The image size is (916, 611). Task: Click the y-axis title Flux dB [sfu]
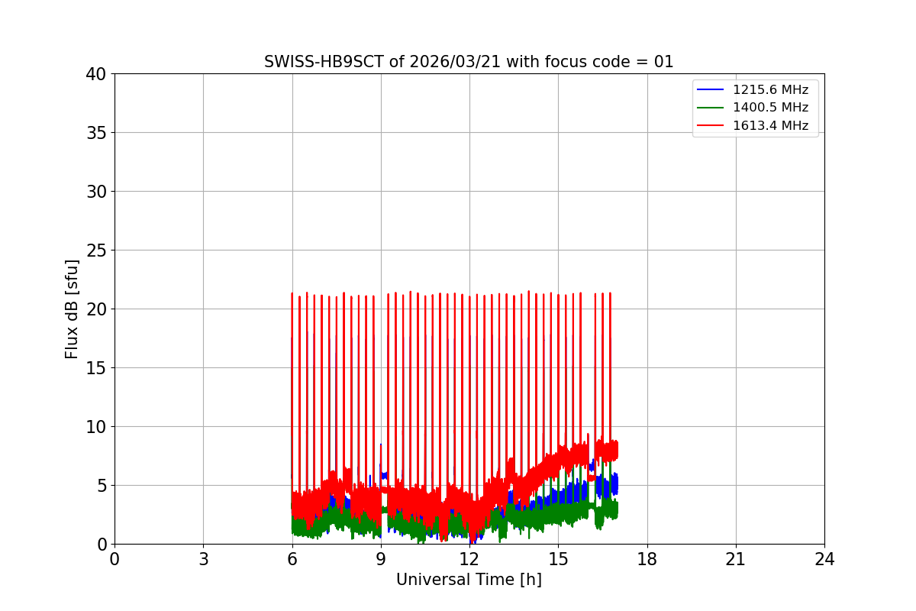pyautogui.click(x=72, y=309)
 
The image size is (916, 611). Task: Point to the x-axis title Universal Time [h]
pyautogui.click(x=469, y=580)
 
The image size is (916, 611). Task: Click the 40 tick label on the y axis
pyautogui.click(x=96, y=74)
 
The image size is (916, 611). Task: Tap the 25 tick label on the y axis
pyautogui.click(x=96, y=251)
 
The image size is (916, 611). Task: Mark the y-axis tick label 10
pyautogui.click(x=96, y=427)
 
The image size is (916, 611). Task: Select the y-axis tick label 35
pyautogui.click(x=96, y=133)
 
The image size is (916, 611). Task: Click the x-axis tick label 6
pyautogui.click(x=292, y=559)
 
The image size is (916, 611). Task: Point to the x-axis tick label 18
pyautogui.click(x=647, y=559)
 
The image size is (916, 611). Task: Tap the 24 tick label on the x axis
pyautogui.click(x=824, y=559)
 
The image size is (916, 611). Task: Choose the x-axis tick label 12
pyautogui.click(x=469, y=559)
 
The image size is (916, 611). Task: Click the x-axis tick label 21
pyautogui.click(x=736, y=559)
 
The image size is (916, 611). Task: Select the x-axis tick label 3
pyautogui.click(x=203, y=559)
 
